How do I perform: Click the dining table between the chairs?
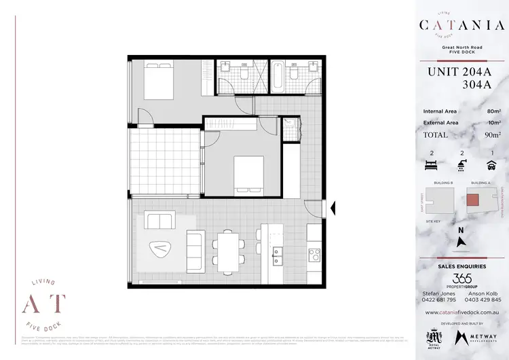click(x=227, y=249)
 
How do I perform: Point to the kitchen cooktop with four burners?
click(x=314, y=255)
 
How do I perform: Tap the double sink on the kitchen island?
click(x=277, y=255)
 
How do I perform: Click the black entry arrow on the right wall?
click(x=333, y=209)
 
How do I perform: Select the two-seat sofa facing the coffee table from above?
click(x=159, y=221)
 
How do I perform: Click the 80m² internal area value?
click(x=493, y=111)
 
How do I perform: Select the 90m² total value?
click(x=493, y=134)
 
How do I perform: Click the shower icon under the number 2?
click(x=462, y=164)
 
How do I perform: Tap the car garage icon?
click(x=491, y=164)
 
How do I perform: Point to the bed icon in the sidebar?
click(x=432, y=164)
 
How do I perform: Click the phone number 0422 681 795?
click(x=438, y=300)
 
